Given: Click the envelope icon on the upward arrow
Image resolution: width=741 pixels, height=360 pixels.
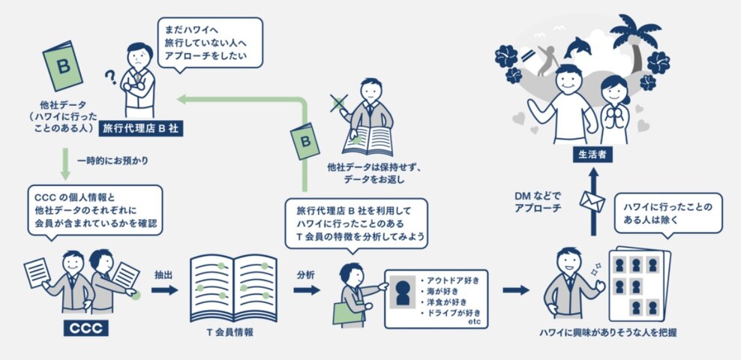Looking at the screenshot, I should (592, 201).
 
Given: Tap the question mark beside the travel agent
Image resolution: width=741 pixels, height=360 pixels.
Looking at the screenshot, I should (110, 76).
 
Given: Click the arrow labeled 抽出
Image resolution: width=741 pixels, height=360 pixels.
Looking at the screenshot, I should (164, 289).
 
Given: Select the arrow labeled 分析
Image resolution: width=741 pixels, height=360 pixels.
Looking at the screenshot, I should (307, 289).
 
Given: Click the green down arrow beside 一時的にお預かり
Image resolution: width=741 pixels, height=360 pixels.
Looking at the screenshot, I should (65, 167).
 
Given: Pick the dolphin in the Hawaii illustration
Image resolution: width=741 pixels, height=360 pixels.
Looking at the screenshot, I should (578, 47).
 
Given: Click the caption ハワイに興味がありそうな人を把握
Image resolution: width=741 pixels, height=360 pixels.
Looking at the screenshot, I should (602, 332).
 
